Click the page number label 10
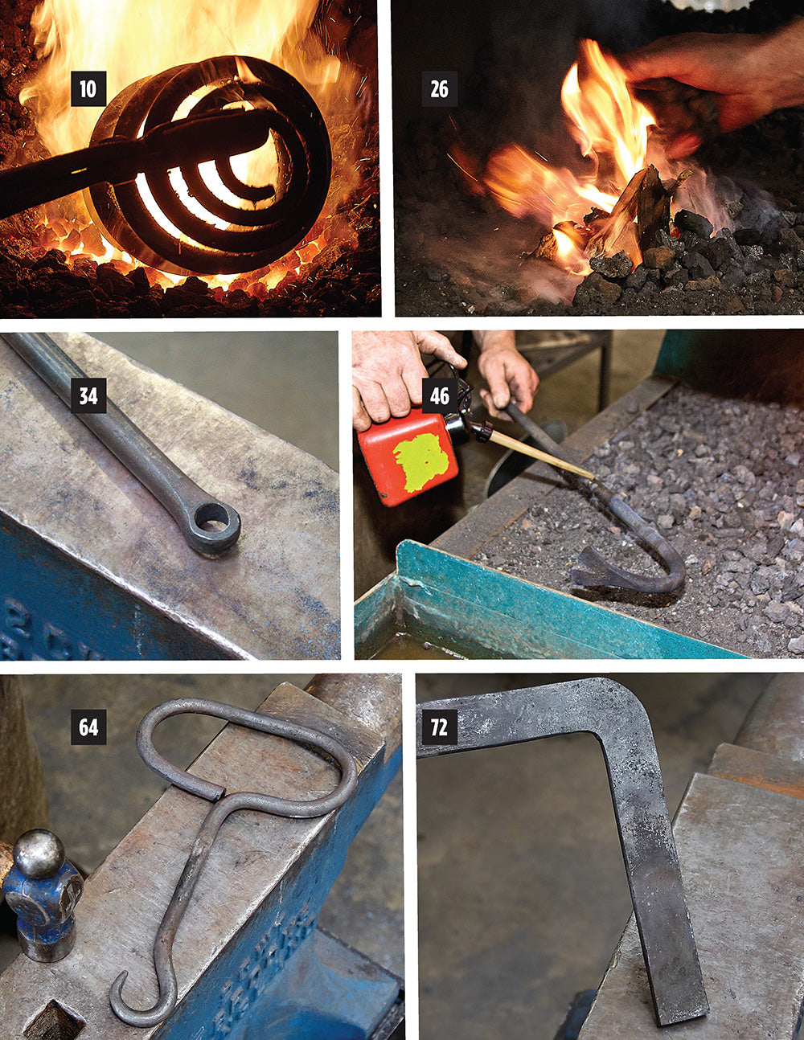(x=88, y=88)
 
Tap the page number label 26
(x=439, y=88)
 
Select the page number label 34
(x=88, y=395)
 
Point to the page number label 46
(x=439, y=395)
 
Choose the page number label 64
(x=88, y=727)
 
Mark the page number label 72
(x=439, y=727)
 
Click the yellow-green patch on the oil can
(x=419, y=463)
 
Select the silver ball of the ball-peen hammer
(x=39, y=854)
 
